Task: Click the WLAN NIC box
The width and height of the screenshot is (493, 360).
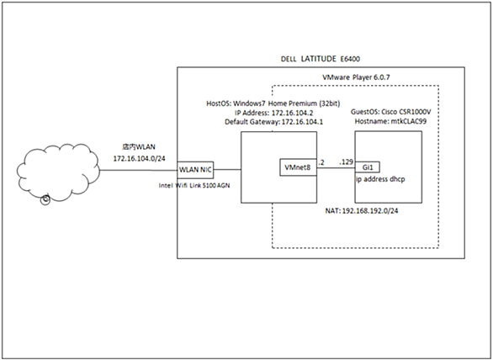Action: click(x=195, y=170)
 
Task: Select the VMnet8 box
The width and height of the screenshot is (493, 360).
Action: click(x=298, y=167)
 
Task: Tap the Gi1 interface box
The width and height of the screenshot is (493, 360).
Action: click(x=368, y=167)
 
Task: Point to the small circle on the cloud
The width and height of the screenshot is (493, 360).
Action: click(x=45, y=199)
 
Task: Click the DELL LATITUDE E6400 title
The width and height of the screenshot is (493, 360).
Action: click(x=320, y=59)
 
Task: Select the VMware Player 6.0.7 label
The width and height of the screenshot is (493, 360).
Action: click(x=356, y=77)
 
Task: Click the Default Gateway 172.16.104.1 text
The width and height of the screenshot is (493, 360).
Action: click(x=273, y=122)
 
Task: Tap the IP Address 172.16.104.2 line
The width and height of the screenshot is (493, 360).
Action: click(x=273, y=113)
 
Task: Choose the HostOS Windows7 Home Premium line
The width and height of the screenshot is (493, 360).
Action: click(x=273, y=103)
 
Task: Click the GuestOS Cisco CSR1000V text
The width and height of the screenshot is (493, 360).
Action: click(x=391, y=112)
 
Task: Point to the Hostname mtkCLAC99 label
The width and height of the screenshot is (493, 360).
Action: click(x=390, y=121)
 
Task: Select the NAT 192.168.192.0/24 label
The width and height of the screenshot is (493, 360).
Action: click(x=361, y=211)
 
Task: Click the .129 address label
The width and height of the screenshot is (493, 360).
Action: click(x=346, y=162)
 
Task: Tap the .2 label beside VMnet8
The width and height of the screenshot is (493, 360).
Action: click(x=321, y=162)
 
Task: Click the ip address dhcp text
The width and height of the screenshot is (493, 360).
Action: click(x=380, y=179)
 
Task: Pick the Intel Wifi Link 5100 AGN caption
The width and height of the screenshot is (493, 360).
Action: click(x=194, y=186)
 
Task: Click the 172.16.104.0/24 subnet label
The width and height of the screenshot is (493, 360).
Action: click(x=139, y=158)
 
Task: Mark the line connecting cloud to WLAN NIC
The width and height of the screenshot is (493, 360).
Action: click(x=139, y=171)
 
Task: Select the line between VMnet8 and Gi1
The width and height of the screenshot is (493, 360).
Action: click(x=336, y=167)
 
